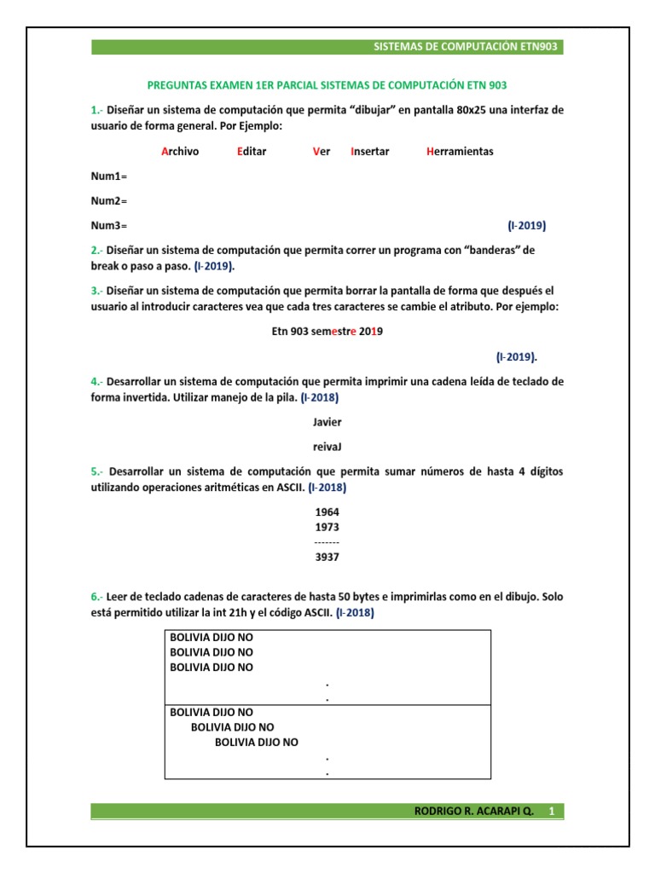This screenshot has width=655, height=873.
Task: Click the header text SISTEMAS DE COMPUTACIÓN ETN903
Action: [x=466, y=47]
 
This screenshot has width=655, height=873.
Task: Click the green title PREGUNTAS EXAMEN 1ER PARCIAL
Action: [x=327, y=85]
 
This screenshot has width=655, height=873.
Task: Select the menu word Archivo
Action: [x=180, y=152]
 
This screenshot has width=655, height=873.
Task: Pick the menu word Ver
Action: [x=322, y=152]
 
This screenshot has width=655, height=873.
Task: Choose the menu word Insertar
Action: [x=369, y=152]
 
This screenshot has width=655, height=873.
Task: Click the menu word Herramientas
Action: [x=459, y=152]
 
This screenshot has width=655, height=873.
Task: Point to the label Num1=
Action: [x=109, y=176]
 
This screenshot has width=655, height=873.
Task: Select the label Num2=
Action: [x=109, y=201]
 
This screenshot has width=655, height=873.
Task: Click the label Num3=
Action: [x=109, y=226]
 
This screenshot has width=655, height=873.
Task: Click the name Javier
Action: [x=327, y=422]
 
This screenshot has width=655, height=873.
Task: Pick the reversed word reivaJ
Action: [x=327, y=446]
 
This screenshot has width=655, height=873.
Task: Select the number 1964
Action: [x=327, y=512]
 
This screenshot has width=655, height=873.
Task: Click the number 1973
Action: [x=327, y=527]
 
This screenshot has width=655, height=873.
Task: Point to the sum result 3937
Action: [x=327, y=557]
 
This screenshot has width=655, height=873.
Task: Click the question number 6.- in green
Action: [x=97, y=596]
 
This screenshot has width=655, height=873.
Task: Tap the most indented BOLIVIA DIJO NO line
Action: [x=257, y=743]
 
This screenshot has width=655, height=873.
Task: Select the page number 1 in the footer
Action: [x=552, y=812]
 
